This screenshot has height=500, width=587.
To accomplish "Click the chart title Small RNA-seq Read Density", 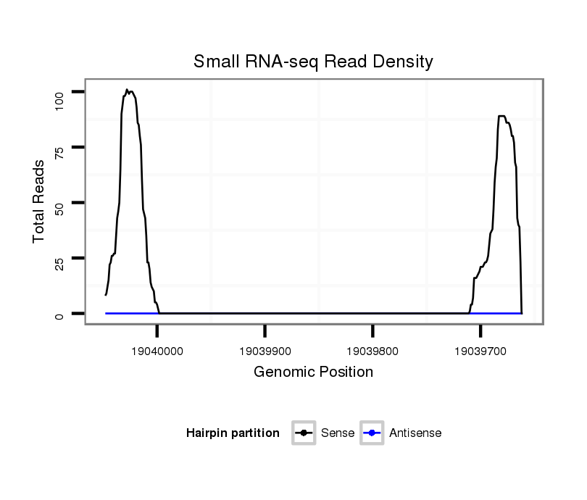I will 313,62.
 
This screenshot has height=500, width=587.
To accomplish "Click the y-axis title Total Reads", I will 39,201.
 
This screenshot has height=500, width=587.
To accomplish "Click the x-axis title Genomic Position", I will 313,372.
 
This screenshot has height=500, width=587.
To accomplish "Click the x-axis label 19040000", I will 157,351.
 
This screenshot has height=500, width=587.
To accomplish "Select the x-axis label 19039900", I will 265,351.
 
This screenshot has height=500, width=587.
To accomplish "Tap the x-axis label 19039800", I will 372,351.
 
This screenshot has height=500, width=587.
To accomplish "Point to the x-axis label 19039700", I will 480,351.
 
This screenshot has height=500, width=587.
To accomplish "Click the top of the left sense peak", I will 127,90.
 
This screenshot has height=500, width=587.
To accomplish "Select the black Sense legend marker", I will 303,433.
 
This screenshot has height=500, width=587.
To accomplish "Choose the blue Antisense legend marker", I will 371,433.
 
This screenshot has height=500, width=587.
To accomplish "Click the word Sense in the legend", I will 337,433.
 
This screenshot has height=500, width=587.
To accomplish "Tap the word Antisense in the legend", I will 415,433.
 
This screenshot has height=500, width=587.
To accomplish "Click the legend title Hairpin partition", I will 233,433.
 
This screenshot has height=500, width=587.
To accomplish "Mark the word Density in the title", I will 402,62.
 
